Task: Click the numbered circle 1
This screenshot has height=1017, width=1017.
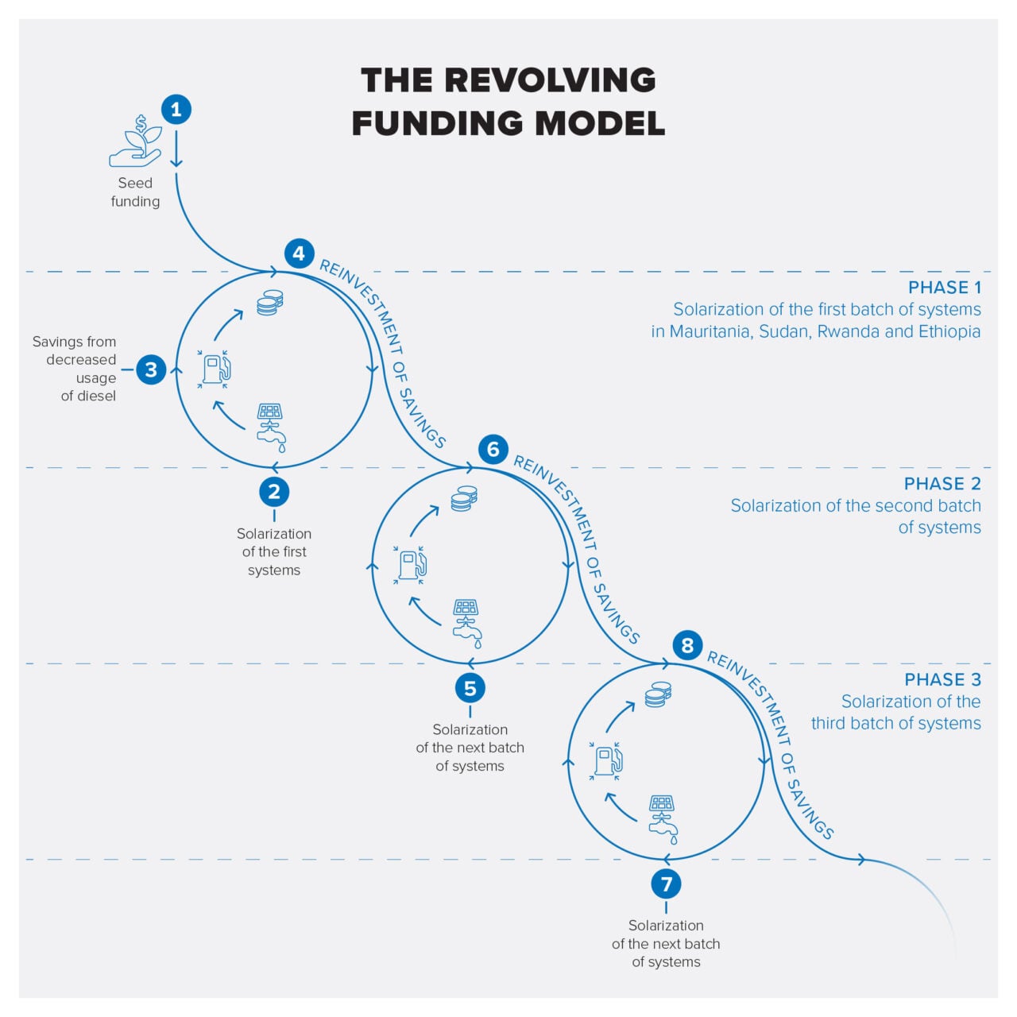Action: tap(176, 110)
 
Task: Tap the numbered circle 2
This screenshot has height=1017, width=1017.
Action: tap(274, 492)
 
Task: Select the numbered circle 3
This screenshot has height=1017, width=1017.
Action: tap(151, 369)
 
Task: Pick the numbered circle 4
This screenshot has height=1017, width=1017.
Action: tap(299, 253)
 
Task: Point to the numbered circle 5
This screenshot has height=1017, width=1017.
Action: tap(470, 688)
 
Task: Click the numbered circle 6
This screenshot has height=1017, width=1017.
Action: tap(493, 450)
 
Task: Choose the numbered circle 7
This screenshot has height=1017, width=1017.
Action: tap(666, 884)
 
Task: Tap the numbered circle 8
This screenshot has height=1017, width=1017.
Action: tap(688, 645)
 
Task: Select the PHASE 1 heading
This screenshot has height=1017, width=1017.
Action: tap(944, 288)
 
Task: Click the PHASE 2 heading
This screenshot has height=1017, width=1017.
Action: tap(942, 484)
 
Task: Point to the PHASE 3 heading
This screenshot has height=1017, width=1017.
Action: tap(942, 680)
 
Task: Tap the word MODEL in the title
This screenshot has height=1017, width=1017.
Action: tap(600, 124)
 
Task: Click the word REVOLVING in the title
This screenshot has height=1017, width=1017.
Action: tap(550, 80)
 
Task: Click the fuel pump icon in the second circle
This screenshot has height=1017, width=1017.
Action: tap(411, 564)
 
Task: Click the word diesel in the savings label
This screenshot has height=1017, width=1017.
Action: tap(97, 396)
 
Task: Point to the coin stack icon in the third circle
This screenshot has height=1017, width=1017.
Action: tap(658, 694)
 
